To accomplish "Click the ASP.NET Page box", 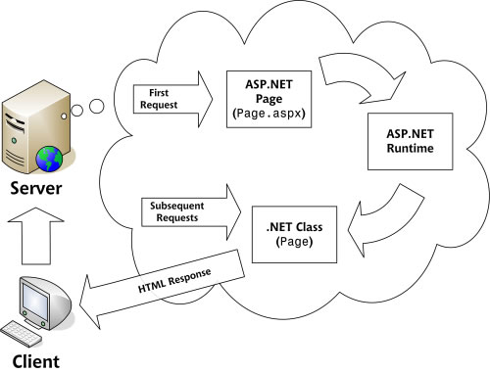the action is click(269, 99).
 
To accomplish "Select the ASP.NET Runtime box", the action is click(411, 141).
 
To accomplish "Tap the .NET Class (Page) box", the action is click(294, 234).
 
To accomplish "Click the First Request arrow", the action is click(173, 99).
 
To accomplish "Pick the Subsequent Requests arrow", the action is click(191, 212).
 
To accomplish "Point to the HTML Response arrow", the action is click(163, 289).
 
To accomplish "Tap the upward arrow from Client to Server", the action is click(36, 236).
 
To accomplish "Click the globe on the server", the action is click(49, 159).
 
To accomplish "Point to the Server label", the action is click(36, 188).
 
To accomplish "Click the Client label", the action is click(36, 361).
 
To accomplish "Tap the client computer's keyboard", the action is click(22, 334).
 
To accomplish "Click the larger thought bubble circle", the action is click(97, 106).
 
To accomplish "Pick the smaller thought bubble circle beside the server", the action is click(76, 111).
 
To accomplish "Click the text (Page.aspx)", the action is click(269, 114).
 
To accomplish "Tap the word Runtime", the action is click(411, 149).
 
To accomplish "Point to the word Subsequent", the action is click(177, 206).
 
